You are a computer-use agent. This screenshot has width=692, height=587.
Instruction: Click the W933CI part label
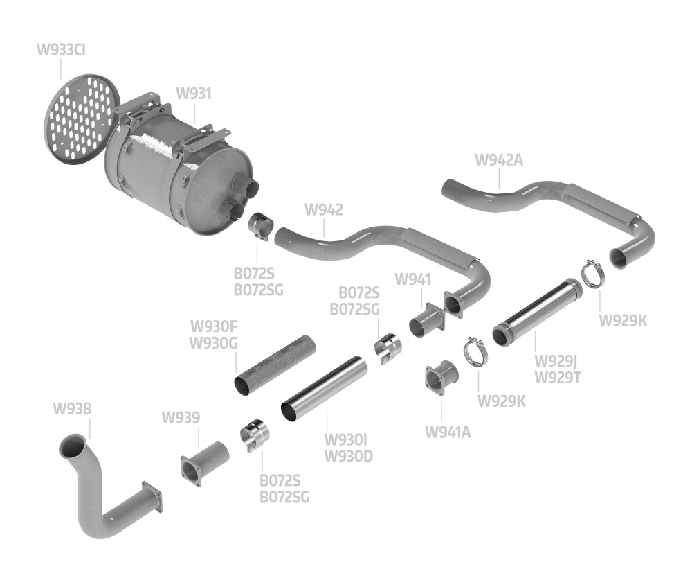pos(61,49)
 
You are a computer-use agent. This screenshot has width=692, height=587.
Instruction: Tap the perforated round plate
pos(82,118)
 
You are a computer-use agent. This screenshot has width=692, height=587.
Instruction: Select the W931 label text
pos(194,94)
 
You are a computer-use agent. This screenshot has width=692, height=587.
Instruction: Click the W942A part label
pos(499,159)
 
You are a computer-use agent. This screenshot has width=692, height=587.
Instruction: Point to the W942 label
pos(323,209)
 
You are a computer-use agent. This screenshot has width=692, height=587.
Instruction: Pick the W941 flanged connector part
pos(427,321)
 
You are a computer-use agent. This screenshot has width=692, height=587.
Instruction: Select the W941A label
pos(448,432)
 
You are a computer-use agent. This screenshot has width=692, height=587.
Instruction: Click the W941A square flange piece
pos(441,378)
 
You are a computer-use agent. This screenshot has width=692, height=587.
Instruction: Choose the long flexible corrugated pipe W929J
pos(537,312)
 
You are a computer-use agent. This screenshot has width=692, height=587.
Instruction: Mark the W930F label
pos(214,326)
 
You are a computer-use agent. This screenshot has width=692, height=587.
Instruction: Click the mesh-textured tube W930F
pos(275,365)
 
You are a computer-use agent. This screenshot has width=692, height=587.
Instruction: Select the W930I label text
pos(345,439)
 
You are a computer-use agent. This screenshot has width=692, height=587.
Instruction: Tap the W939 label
pos(181,417)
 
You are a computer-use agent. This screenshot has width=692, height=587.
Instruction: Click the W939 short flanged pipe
pos(205,464)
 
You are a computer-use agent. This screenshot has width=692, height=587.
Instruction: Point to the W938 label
pos(72,408)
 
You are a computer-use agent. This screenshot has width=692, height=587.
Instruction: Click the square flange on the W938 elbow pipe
pos(152,498)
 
